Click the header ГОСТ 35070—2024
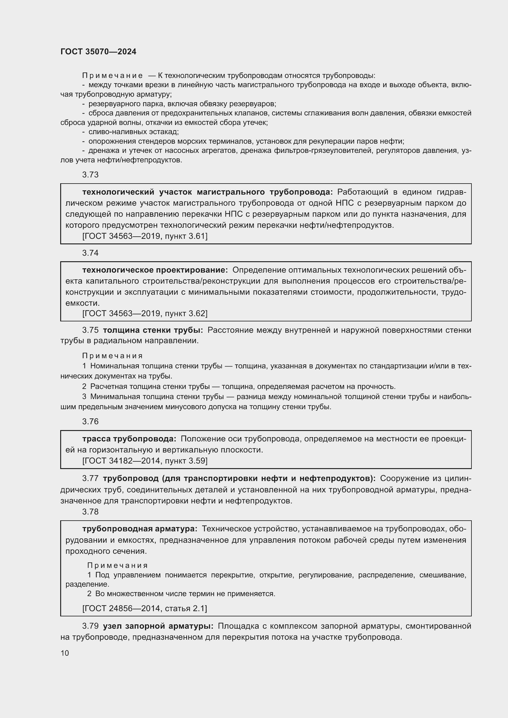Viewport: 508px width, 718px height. pyautogui.click(x=98, y=52)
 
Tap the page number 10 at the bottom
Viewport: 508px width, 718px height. pyautogui.click(x=65, y=653)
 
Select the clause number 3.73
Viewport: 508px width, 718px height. pyautogui.click(x=90, y=175)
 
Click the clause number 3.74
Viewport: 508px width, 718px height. pyautogui.click(x=90, y=253)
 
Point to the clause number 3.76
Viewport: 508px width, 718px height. pyautogui.click(x=90, y=421)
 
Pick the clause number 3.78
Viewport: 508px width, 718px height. pyautogui.click(x=90, y=512)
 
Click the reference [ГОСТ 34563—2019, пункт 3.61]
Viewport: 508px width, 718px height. pyautogui.click(x=145, y=236)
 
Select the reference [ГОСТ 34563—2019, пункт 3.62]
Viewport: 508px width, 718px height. pyautogui.click(x=145, y=313)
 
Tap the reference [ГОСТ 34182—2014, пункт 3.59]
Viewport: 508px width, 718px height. pyautogui.click(x=145, y=461)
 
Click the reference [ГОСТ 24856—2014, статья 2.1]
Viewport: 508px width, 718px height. pyautogui.click(x=145, y=608)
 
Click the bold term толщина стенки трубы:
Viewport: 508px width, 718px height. pyautogui.click(x=153, y=330)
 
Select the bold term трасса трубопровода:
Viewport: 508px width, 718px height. pyautogui.click(x=129, y=439)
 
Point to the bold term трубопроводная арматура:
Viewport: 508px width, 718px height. pyautogui.click(x=140, y=529)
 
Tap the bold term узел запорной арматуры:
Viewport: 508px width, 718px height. pyautogui.click(x=158, y=626)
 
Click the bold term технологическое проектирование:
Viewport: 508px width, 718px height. pyautogui.click(x=155, y=270)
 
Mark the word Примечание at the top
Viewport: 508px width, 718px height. pyautogui.click(x=112, y=76)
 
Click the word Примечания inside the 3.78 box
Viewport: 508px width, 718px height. pyautogui.click(x=117, y=565)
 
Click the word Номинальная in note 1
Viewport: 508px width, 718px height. pyautogui.click(x=115, y=366)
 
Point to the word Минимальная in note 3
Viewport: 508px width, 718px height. pyautogui.click(x=115, y=397)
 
